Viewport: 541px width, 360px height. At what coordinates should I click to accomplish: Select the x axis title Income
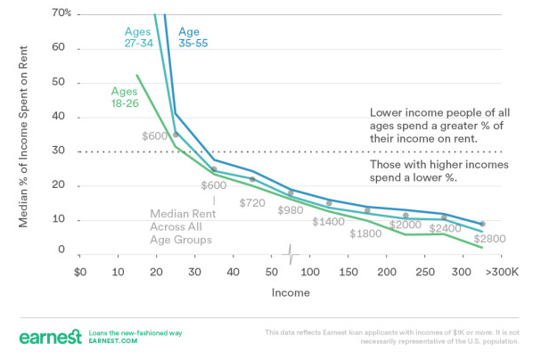(291, 292)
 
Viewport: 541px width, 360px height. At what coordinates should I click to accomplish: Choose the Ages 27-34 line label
(140, 37)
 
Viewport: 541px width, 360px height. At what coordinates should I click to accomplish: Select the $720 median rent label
(254, 203)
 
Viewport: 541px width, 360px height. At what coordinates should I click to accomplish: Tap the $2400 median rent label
(443, 229)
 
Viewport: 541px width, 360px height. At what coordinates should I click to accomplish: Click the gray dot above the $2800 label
(482, 224)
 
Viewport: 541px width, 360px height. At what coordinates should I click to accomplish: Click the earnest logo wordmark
(50, 336)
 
